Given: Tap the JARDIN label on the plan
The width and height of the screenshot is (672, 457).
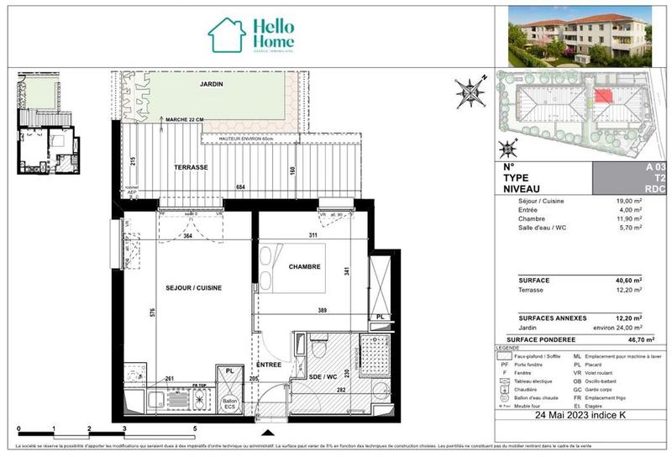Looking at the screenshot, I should click(211, 86).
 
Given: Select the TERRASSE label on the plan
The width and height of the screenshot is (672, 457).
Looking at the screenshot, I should click(192, 167).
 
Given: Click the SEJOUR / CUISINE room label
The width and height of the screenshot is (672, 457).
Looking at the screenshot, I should click(192, 287).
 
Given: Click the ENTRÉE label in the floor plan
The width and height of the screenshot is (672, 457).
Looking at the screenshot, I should click(270, 365).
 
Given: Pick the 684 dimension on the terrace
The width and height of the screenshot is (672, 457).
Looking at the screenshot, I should click(240, 186).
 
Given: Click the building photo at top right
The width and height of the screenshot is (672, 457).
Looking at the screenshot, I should click(579, 36).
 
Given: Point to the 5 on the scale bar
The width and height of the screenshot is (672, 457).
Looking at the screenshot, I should click(195, 428).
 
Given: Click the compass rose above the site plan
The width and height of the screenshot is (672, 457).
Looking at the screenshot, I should click(470, 90).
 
